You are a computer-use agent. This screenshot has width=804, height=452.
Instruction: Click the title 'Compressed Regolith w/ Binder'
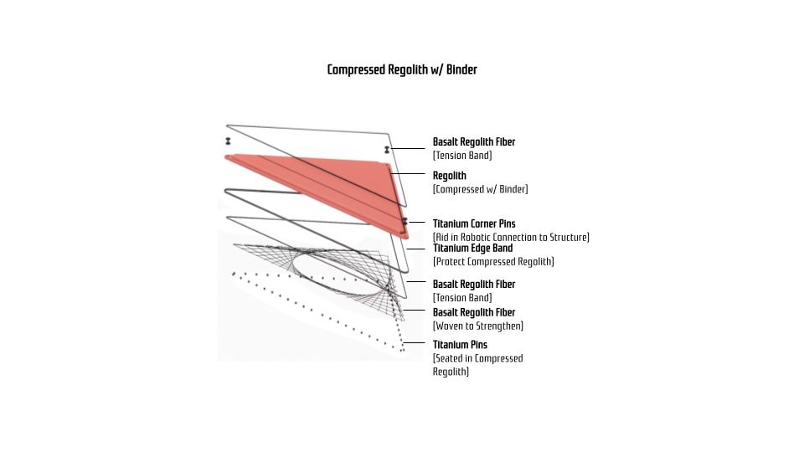pyautogui.click(x=402, y=69)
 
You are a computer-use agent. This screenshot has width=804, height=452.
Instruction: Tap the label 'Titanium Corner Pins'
pyautogui.click(x=474, y=224)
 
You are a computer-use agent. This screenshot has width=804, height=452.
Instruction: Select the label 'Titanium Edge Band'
pyautogui.click(x=472, y=248)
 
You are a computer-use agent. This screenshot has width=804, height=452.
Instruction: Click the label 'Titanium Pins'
pyautogui.click(x=460, y=345)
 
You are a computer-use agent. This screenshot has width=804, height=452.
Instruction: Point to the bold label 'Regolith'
pyautogui.click(x=450, y=176)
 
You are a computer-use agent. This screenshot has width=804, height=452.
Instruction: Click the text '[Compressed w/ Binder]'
pyautogui.click(x=481, y=189)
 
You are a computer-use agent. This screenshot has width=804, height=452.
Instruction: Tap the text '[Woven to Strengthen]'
pyautogui.click(x=478, y=326)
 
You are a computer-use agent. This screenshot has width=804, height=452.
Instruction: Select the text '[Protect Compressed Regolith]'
pyautogui.click(x=493, y=262)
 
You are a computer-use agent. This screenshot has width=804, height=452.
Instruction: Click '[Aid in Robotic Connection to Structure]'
pyautogui.click(x=511, y=237)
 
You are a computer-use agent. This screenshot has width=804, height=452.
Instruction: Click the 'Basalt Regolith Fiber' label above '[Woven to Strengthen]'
pyautogui.click(x=474, y=312)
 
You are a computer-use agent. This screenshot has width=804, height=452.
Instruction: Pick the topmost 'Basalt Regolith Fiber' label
pyautogui.click(x=474, y=142)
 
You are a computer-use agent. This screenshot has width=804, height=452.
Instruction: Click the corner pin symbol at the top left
pyautogui.click(x=228, y=141)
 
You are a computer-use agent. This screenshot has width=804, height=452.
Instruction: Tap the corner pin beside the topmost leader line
pyautogui.click(x=387, y=150)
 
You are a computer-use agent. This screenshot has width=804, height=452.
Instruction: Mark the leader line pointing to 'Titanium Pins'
pyautogui.click(x=414, y=343)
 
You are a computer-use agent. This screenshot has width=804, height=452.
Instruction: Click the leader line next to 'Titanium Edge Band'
pyautogui.click(x=415, y=249)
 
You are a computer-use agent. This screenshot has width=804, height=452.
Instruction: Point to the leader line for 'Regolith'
pyautogui.click(x=408, y=174)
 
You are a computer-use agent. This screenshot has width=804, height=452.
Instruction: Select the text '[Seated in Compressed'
pyautogui.click(x=478, y=359)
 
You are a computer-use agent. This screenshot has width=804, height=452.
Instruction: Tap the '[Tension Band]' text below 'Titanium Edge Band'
pyautogui.click(x=462, y=298)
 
